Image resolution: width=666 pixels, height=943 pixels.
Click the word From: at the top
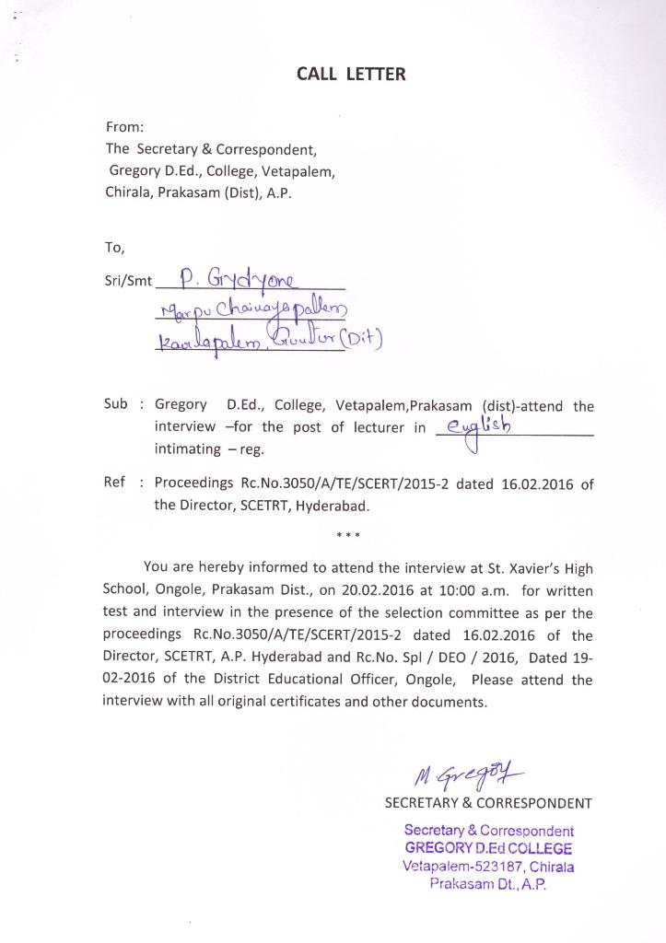[124, 127]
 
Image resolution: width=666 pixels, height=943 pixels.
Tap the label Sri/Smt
[128, 282]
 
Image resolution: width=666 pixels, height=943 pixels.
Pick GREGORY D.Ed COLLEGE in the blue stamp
[488, 848]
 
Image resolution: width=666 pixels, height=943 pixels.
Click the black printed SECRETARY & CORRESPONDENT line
[488, 803]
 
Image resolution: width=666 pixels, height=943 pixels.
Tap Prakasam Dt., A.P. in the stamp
[488, 884]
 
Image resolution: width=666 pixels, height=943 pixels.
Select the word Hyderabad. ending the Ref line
[332, 506]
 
